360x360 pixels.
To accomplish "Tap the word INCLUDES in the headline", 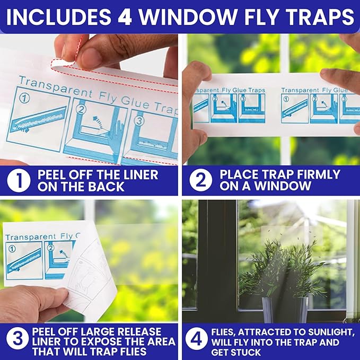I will [x=58, y=17].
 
